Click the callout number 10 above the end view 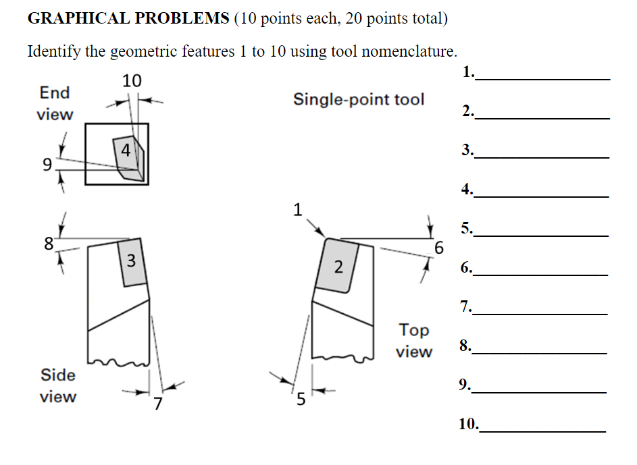point(132,81)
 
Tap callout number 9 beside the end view point(47,164)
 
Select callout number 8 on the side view point(48,244)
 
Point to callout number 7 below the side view point(157,404)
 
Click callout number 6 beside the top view point(438,248)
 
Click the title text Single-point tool point(359,100)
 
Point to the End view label point(55,103)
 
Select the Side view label point(58,385)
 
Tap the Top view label point(413,340)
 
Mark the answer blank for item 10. point(542,426)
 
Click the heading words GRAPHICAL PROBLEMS point(128,18)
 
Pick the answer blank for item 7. point(541,308)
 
